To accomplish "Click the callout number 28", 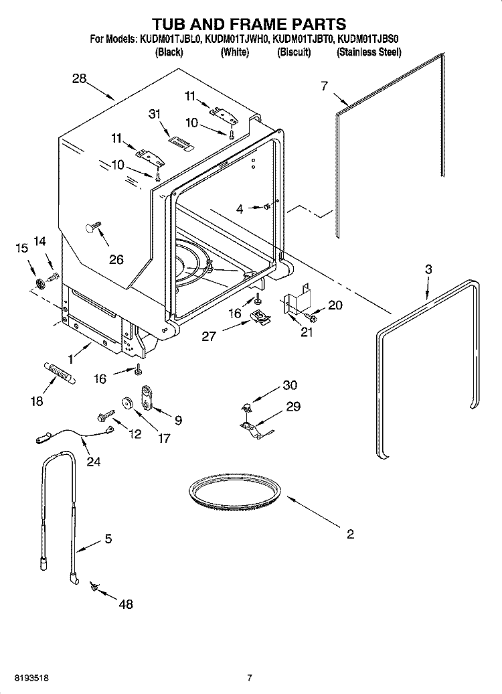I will (x=80, y=79).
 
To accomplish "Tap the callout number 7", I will (x=325, y=85).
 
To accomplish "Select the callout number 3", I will (x=428, y=269).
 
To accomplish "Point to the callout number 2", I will (x=349, y=534).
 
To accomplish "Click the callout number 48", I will (x=125, y=604).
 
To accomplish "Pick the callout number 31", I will (x=155, y=115).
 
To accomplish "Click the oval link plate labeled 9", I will (x=147, y=397).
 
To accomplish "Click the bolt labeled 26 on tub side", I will (x=92, y=228).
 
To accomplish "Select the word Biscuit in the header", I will (x=294, y=52).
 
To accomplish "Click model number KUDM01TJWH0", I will (x=237, y=40).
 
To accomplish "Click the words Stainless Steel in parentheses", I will (x=369, y=52).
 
